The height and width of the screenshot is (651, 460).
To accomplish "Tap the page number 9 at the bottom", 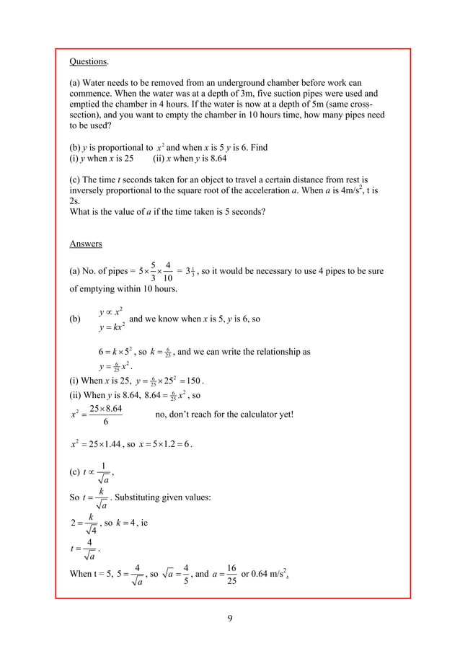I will click(230, 617).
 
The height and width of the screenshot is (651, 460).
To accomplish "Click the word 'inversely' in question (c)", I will click(89, 190).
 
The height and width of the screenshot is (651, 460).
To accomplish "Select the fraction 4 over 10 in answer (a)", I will click(167, 272).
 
